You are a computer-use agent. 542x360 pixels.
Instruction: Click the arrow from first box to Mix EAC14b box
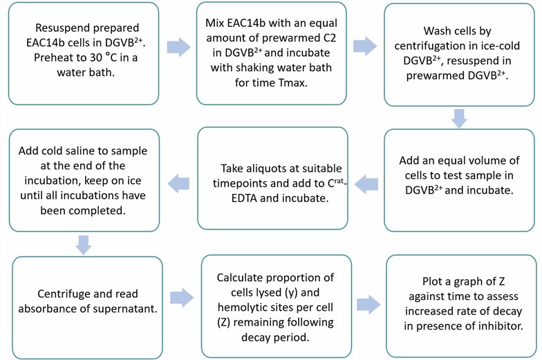(x=178, y=47)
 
